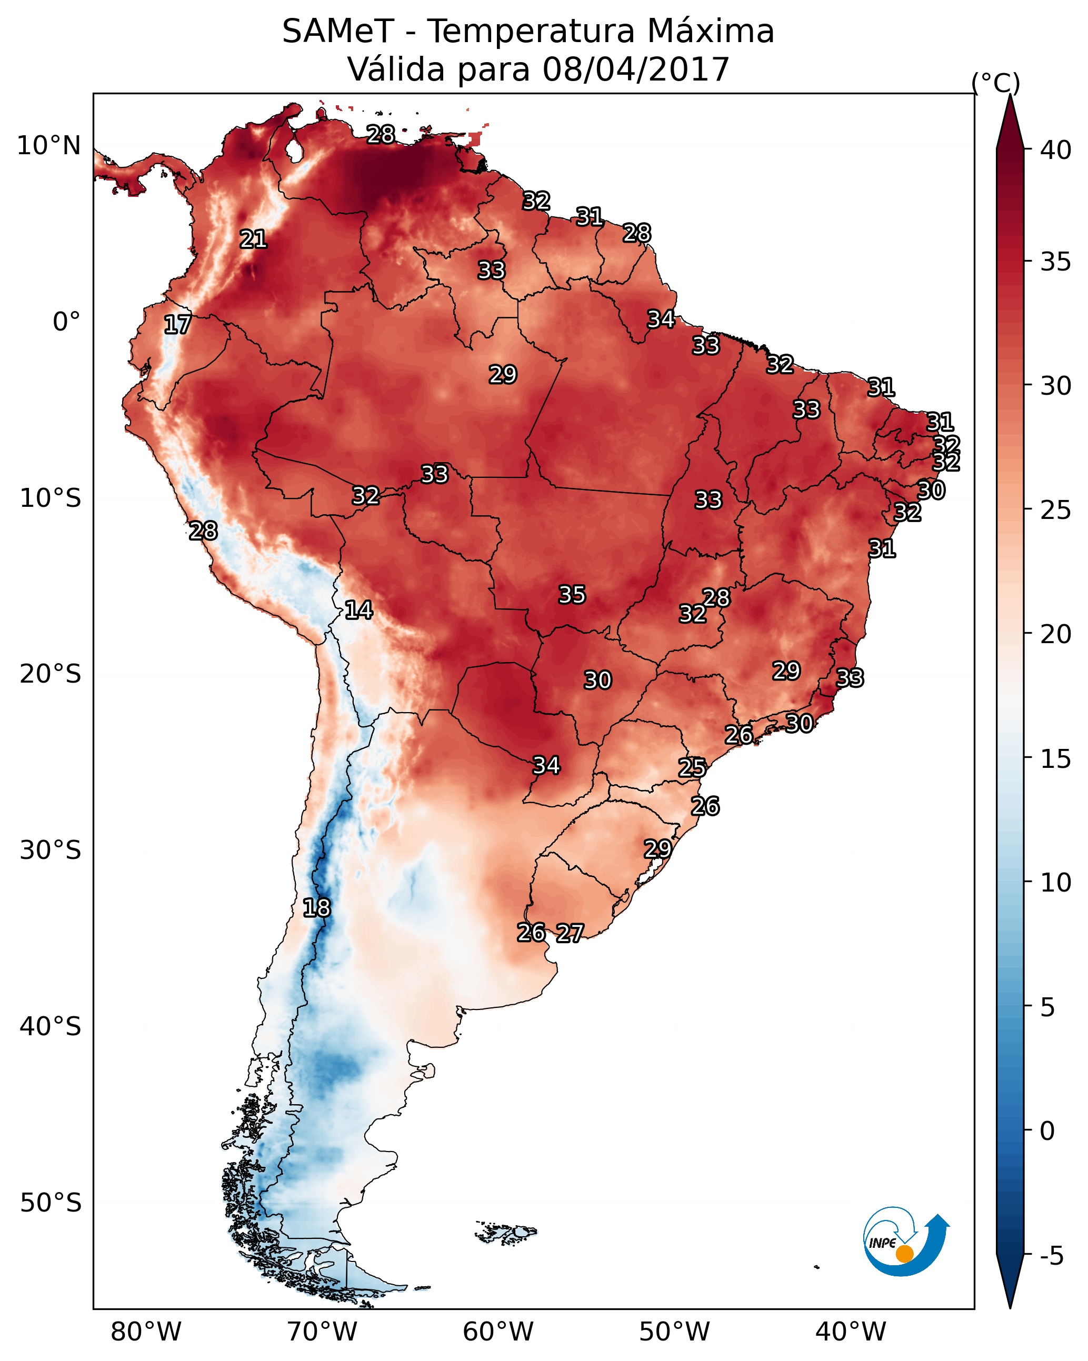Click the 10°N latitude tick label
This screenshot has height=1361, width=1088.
(48, 146)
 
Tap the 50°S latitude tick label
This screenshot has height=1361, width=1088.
(51, 1203)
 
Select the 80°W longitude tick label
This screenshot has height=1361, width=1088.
(146, 1332)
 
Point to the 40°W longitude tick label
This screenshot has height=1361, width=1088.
(851, 1332)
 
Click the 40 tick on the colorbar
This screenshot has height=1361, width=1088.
(1056, 150)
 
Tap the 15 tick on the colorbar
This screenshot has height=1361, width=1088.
(1056, 759)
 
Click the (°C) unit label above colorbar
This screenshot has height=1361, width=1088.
(995, 82)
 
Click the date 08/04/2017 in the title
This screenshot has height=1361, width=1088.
(635, 69)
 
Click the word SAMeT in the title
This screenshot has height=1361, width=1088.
(338, 31)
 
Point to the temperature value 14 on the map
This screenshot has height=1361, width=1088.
(358, 610)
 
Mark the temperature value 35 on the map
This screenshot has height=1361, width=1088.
(572, 595)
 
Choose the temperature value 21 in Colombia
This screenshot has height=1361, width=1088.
(253, 239)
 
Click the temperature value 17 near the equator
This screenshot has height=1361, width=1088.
(177, 325)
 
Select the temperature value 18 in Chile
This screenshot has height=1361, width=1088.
(316, 908)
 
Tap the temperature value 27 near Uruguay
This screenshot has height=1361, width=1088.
(570, 933)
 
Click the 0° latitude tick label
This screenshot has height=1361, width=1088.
(66, 322)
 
